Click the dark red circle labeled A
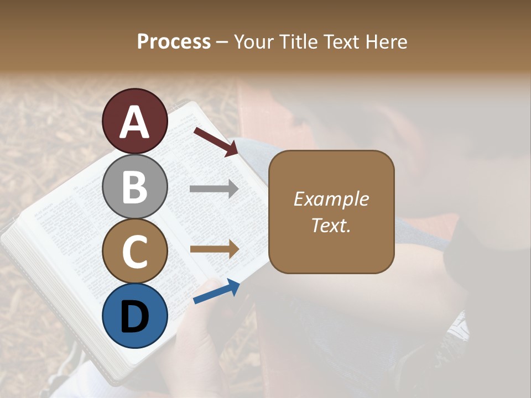pos(135,122)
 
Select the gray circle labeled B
pos(135,187)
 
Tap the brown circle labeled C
pos(135,251)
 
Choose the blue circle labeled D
pos(135,316)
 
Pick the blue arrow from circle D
pos(216,291)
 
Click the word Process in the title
pos(174,41)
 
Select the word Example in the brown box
pos(331,199)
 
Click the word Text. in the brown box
pos(331,225)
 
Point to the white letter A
pos(135,122)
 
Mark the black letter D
pos(135,317)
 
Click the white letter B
pos(135,187)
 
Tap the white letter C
pos(135,252)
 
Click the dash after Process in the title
pos(222,43)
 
